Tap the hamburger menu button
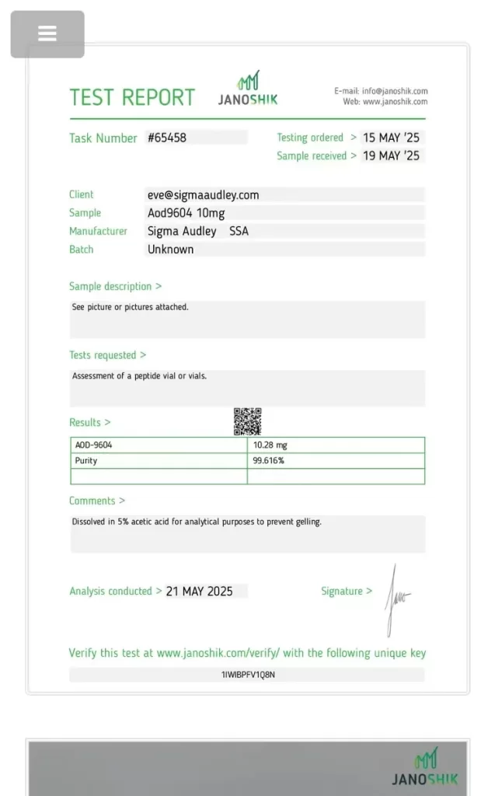pyautogui.click(x=47, y=34)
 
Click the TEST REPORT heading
pyautogui.click(x=132, y=98)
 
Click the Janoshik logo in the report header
pyautogui.click(x=248, y=89)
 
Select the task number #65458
pyautogui.click(x=167, y=138)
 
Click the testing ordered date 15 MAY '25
pyautogui.click(x=391, y=138)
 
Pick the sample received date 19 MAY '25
pyautogui.click(x=391, y=155)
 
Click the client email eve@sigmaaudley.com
pyautogui.click(x=204, y=195)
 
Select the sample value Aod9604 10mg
pyautogui.click(x=186, y=213)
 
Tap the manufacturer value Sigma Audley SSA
pyautogui.click(x=198, y=231)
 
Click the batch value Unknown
pyautogui.click(x=171, y=250)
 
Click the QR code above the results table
pyautogui.click(x=247, y=421)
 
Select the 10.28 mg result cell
pyautogui.click(x=270, y=445)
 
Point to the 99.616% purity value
pyautogui.click(x=269, y=461)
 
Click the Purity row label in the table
pyautogui.click(x=86, y=461)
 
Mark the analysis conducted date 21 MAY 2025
pyautogui.click(x=200, y=592)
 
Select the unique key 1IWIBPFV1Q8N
pyautogui.click(x=248, y=675)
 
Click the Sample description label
pyautogui.click(x=110, y=287)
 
